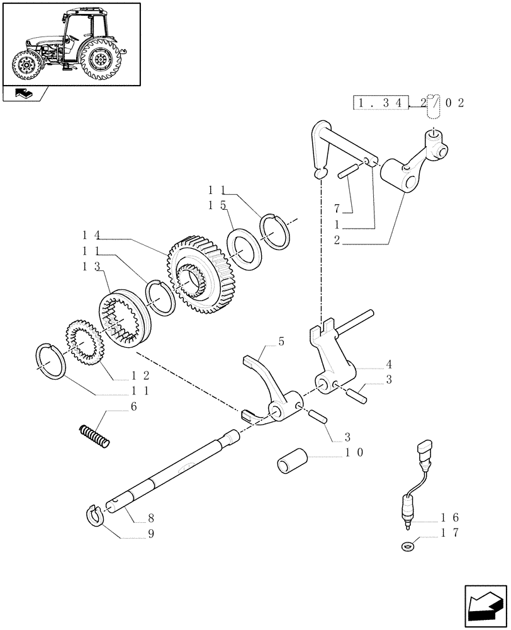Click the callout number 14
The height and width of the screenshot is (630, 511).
click(x=91, y=235)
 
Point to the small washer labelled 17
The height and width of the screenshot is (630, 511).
click(x=406, y=545)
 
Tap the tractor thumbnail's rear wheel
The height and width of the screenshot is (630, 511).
click(x=99, y=60)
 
